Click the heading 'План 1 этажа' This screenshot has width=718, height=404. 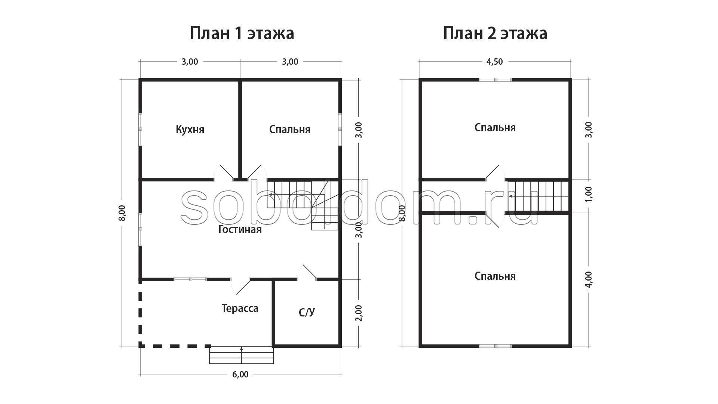coord(242,33)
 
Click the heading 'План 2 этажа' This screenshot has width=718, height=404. coord(495,33)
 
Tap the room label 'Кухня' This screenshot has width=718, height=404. coord(190,129)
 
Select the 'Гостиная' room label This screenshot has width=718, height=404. coord(240,229)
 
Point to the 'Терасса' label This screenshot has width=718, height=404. coord(240,309)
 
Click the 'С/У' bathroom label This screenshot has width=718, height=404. coord(307,312)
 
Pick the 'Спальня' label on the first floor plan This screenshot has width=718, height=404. coord(290,129)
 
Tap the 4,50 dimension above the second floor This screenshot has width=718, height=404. coord(494,62)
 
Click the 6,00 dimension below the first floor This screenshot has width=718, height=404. coord(240,374)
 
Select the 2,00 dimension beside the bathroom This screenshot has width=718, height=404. coord(358,313)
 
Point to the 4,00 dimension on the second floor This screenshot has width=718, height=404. coord(588,279)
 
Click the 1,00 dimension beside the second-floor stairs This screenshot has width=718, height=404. coord(588,194)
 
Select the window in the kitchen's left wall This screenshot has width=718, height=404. coord(140,129)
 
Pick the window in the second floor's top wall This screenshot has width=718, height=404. coord(495,80)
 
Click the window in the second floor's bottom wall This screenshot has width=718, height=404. coord(495,346)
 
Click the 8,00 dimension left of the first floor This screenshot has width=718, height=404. coord(122,213)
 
